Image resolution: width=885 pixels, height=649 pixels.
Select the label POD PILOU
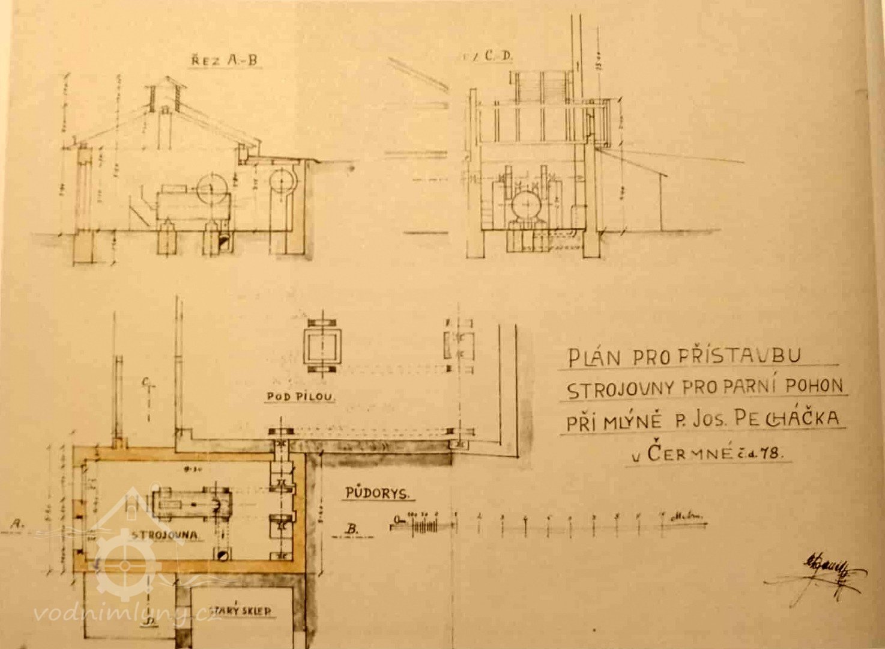[x=300, y=397]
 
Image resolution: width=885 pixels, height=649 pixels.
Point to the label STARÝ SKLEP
[x=238, y=611]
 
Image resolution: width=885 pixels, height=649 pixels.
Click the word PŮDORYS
[x=378, y=493]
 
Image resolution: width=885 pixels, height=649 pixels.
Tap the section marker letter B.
[x=352, y=529]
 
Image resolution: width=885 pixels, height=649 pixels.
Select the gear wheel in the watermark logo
[x=125, y=565]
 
